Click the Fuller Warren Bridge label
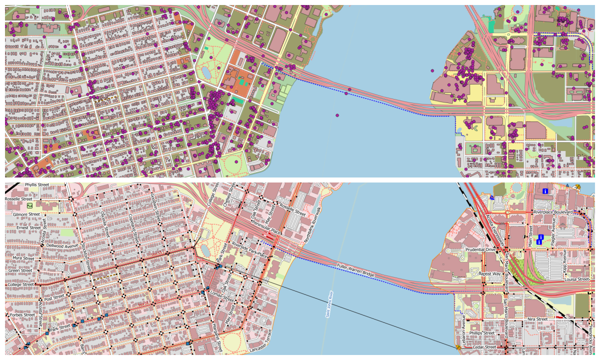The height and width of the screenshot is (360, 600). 355,270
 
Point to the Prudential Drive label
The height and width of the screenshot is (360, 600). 479,249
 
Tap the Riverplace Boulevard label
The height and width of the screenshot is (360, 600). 552,212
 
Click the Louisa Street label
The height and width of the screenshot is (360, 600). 577,279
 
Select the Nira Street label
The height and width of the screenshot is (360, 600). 537,318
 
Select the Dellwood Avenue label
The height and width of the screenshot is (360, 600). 62,245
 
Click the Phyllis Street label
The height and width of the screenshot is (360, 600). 37,185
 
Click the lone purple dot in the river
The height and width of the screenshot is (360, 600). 337,115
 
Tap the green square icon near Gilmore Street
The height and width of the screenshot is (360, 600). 30,205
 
